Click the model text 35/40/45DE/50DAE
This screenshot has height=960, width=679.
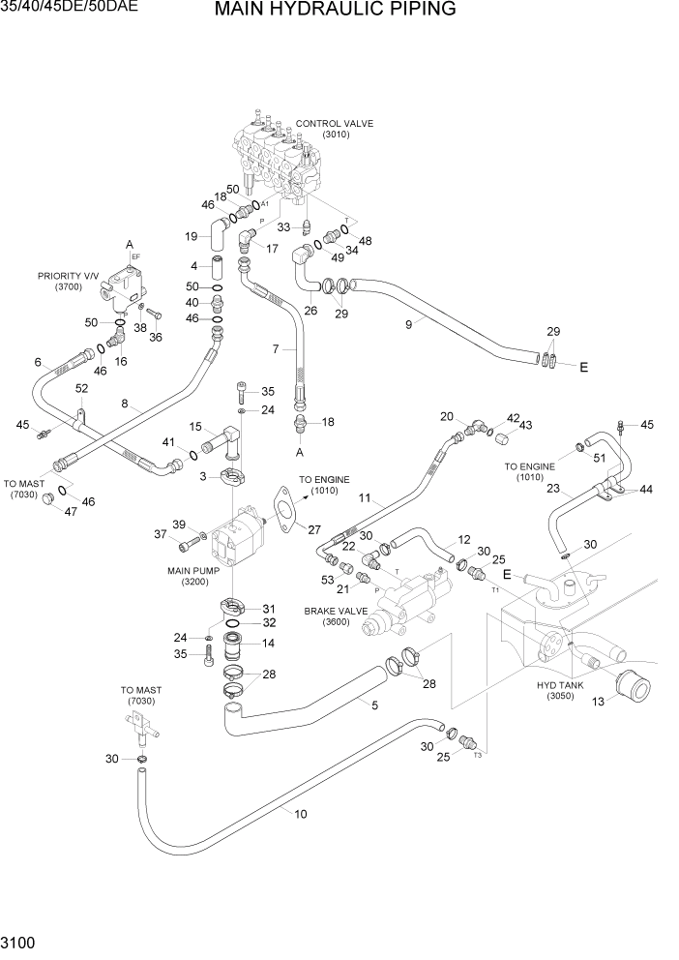(x=69, y=7)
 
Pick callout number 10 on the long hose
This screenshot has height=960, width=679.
(x=301, y=814)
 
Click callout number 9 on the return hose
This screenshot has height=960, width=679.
(x=408, y=324)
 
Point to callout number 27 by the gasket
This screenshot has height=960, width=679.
(x=313, y=528)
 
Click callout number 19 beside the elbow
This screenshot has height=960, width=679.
(x=192, y=235)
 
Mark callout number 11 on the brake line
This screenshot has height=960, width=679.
(x=365, y=498)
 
